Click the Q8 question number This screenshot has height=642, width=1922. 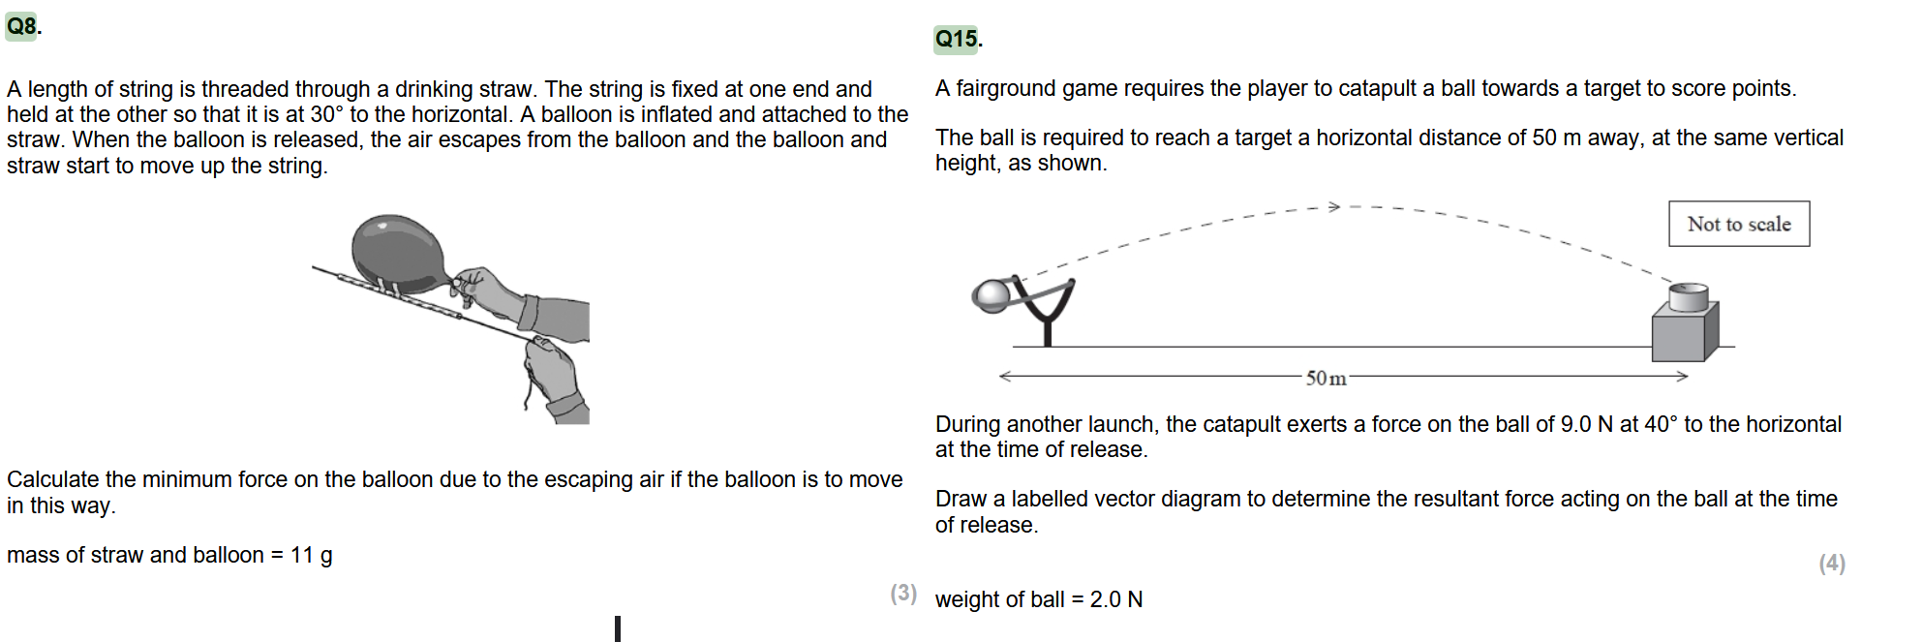point(22,26)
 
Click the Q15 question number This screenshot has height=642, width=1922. point(957,39)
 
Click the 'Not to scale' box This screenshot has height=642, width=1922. point(1739,224)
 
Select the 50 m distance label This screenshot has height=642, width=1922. point(1326,378)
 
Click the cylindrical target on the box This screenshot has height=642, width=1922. point(1688,296)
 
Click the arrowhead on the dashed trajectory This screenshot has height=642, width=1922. point(1333,206)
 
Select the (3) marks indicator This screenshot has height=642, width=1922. point(903,593)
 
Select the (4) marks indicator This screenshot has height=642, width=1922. point(1832,564)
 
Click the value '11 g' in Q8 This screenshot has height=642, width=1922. point(312,555)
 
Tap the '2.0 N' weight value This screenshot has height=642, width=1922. point(1116,599)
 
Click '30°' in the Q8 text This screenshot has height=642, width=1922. point(326,114)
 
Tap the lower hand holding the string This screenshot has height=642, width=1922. point(556,378)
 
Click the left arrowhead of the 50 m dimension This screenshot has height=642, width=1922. point(1006,376)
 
